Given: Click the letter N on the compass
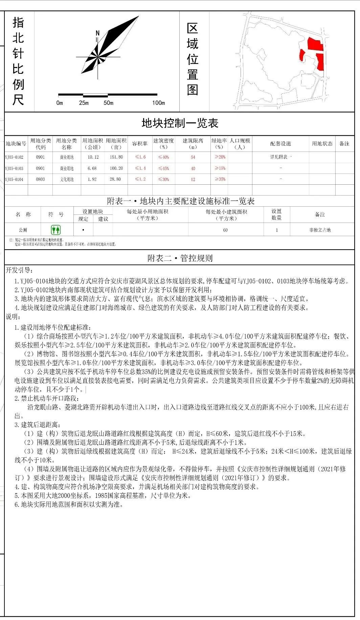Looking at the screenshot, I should coord(98,33).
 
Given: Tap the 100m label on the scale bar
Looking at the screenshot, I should coord(158,103).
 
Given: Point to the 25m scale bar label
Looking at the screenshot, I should coord(84,103).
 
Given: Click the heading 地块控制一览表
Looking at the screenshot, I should coord(180,123).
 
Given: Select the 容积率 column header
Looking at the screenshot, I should coord(140,144).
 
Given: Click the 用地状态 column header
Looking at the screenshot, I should coord(322,144).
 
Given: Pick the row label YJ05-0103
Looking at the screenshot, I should coord(14,168).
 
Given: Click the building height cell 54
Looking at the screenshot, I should coord(193,157).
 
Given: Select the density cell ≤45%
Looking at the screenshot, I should coord(163,168).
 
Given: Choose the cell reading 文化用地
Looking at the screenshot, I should coord(67,180).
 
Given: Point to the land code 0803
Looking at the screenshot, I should coord(40,180).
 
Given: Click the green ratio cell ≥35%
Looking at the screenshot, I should coord(220,179).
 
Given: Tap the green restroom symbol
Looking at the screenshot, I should coord(56,230).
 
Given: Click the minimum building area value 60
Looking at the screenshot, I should coord(225,230).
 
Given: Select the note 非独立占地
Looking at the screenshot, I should coord(320,230).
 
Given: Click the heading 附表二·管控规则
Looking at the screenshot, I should coord(180,258).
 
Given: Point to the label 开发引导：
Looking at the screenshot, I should coord(19,270).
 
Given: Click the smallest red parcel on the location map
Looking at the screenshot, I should coord(302,55).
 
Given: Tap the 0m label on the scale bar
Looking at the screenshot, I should coord(60,103).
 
